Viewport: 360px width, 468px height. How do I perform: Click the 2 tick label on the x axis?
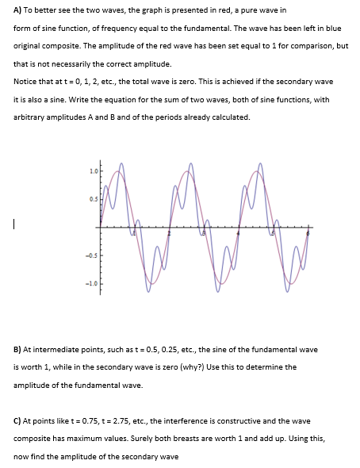point(169,235)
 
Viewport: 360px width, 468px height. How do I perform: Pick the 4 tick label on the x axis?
point(239,235)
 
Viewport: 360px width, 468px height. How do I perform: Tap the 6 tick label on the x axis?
point(308,235)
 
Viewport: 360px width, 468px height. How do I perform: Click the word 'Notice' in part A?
point(25,81)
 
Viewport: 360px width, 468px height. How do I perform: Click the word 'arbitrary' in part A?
point(31,117)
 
